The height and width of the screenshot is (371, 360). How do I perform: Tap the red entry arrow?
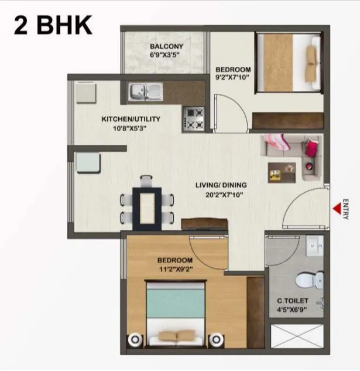[x=337, y=208]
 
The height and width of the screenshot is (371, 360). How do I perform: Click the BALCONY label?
[x=166, y=46]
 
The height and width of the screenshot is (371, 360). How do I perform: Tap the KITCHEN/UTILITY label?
[x=131, y=119]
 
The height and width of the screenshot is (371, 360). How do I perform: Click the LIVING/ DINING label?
[x=221, y=185]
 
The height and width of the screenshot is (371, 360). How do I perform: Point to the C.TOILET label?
[x=293, y=301]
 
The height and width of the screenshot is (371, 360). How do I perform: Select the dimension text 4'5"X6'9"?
[x=293, y=311]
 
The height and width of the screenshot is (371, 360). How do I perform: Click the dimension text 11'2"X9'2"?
[x=175, y=269]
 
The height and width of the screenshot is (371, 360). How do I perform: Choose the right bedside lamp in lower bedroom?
[x=217, y=339]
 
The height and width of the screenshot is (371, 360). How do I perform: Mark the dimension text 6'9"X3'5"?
[x=166, y=56]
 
